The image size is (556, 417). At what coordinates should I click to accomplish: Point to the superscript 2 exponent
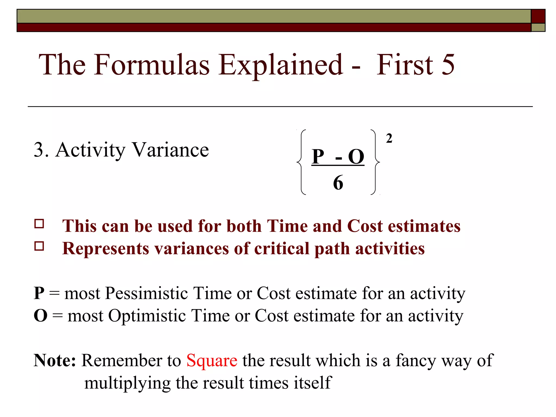point(389,138)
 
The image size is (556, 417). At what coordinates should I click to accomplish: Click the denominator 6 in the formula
point(338,183)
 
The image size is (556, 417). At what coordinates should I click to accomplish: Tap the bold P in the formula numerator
point(318,157)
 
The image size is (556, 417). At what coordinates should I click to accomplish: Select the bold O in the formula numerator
point(356,157)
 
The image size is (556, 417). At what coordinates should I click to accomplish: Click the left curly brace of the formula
point(301,162)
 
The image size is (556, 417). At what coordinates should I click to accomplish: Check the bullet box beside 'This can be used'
point(39,224)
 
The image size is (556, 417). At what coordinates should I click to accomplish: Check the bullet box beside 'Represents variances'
point(39,246)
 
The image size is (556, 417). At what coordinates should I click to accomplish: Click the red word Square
point(212,361)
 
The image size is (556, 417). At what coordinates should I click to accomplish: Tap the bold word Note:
point(55,361)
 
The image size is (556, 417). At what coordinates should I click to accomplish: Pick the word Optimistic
point(147,316)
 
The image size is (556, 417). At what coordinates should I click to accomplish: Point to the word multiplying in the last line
point(127,383)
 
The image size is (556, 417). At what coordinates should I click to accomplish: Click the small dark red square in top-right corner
point(538,16)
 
